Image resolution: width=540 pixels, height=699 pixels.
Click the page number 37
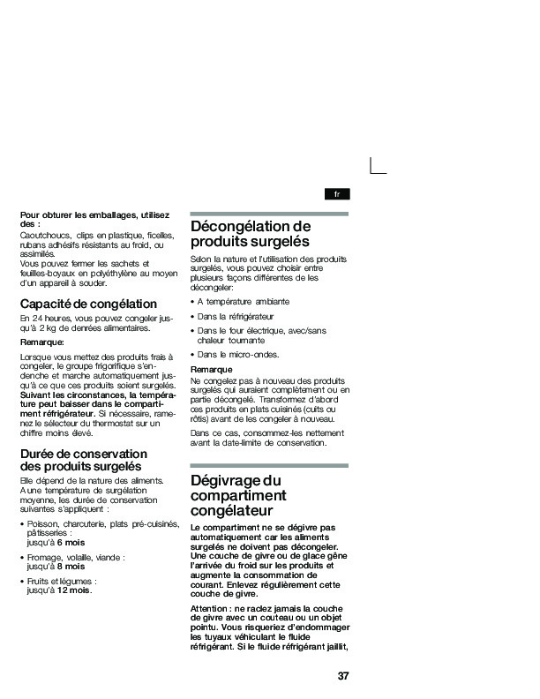(343, 677)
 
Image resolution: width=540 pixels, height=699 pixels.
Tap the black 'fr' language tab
(336, 193)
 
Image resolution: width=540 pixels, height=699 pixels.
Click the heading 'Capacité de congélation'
(88, 304)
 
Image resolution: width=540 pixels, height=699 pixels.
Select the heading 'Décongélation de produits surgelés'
(251, 233)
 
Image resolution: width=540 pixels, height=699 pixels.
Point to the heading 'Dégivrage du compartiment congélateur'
(236, 495)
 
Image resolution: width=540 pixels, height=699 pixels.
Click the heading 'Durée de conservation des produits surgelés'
(83, 460)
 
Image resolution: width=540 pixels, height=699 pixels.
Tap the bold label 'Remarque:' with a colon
(41, 341)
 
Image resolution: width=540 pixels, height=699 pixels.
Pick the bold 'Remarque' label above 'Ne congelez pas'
(211, 369)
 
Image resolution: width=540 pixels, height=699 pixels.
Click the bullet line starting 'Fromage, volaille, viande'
(76, 558)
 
